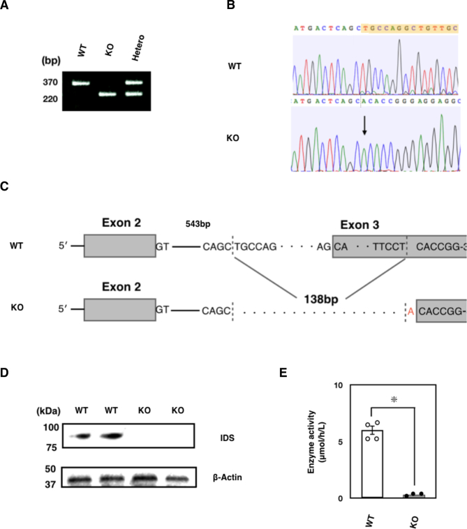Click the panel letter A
(x=6, y=7)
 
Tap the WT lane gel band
(x=82, y=83)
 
